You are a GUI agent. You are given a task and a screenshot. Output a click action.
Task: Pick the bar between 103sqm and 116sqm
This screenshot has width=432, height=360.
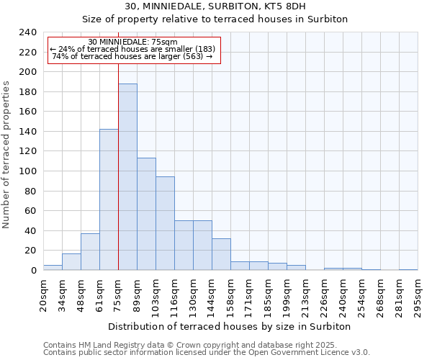click(165, 223)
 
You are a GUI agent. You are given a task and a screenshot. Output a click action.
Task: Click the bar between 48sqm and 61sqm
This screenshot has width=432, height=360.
click(90, 252)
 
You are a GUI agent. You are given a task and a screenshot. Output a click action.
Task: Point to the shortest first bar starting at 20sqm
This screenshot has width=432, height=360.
click(53, 267)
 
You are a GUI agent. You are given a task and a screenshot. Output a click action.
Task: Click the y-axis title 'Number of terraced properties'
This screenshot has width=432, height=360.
click(6, 155)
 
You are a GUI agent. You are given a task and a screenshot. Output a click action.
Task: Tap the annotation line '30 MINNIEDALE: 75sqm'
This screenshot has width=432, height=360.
click(132, 42)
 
